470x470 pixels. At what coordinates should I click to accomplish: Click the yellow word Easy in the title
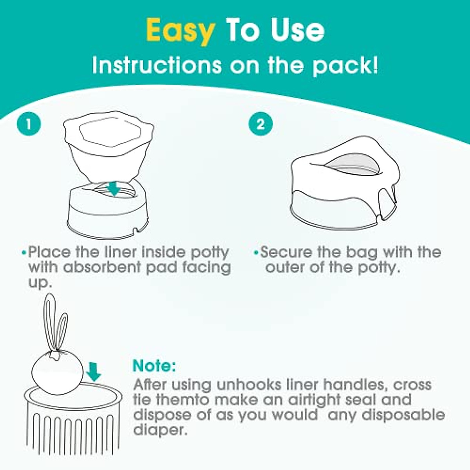coord(180,31)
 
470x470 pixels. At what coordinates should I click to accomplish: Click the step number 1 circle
coord(29,124)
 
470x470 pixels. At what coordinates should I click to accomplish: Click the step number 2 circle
coord(260,124)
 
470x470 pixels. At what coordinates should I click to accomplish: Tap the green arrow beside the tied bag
coord(94,372)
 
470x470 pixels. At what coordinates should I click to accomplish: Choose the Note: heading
coord(154,366)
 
